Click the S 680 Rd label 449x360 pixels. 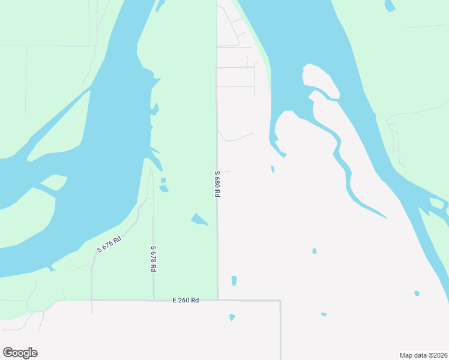[x=217, y=184]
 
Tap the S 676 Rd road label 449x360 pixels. [x=109, y=244]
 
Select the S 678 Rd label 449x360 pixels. [x=154, y=259]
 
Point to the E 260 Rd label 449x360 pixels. [x=185, y=300]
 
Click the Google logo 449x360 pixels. [x=20, y=353]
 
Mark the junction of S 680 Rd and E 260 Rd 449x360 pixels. [x=218, y=300]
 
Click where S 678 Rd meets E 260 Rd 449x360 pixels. [x=154, y=300]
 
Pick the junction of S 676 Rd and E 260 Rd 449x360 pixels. [x=91, y=300]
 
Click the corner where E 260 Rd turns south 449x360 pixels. [x=280, y=301]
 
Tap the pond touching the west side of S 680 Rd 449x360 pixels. [x=199, y=220]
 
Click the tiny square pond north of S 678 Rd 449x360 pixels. [x=163, y=180]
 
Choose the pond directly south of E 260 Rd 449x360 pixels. [x=232, y=317]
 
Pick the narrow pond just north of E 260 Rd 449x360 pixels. [x=234, y=281]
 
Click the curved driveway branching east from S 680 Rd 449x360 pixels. [x=234, y=138]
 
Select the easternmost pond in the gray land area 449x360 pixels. [x=417, y=293]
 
